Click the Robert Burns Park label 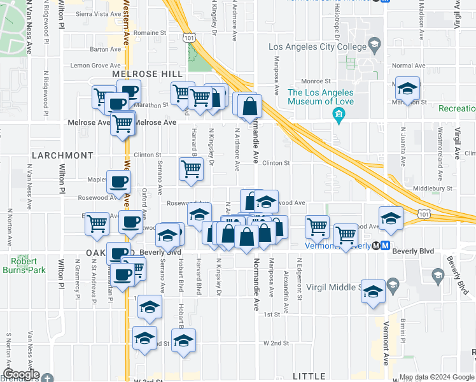[28, 265]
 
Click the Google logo [21, 374]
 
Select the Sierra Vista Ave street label [98, 13]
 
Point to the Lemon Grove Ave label [95, 66]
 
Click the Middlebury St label [432, 188]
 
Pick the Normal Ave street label [409, 66]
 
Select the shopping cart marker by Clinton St [191, 169]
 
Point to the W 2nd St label [276, 343]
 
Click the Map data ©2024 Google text [437, 377]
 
